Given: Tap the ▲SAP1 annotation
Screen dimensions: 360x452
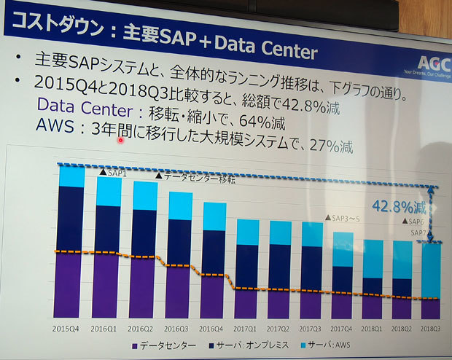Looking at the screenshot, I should (x=112, y=173).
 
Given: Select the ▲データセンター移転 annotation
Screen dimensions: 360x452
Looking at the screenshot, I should (x=195, y=177).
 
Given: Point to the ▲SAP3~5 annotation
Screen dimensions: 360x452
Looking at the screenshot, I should (x=344, y=217).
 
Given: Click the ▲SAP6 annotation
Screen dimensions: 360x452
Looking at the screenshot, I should (x=415, y=222).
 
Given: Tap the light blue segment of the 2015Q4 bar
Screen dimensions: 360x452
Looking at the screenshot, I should (x=71, y=176).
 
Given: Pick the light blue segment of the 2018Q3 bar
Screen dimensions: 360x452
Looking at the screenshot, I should (x=431, y=270).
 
